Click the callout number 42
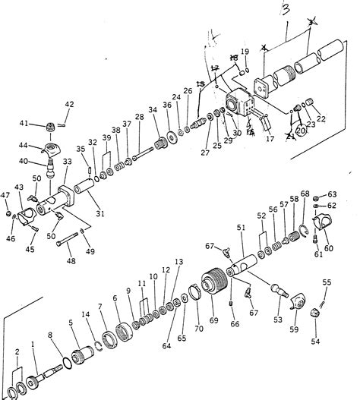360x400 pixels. pos(69,104)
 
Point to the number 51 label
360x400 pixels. pos(242,226)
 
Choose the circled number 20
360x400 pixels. pos(300,130)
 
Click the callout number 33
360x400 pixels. pos(67,162)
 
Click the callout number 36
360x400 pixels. pos(166,105)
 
